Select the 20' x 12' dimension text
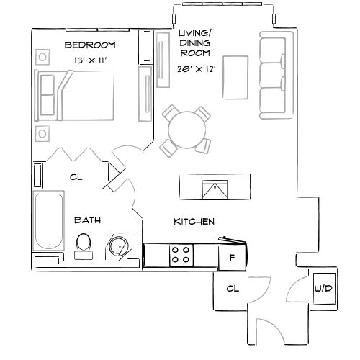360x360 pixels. (x=197, y=70)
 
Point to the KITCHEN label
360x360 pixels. (x=194, y=222)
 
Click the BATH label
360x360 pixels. (x=87, y=220)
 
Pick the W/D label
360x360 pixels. (x=323, y=289)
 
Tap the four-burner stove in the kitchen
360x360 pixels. (x=180, y=254)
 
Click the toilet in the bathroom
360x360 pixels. (x=84, y=245)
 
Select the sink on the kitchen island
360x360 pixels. (x=215, y=189)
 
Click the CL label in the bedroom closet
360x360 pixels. (x=75, y=176)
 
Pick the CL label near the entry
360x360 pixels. (x=232, y=288)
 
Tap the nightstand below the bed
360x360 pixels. (x=42, y=133)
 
